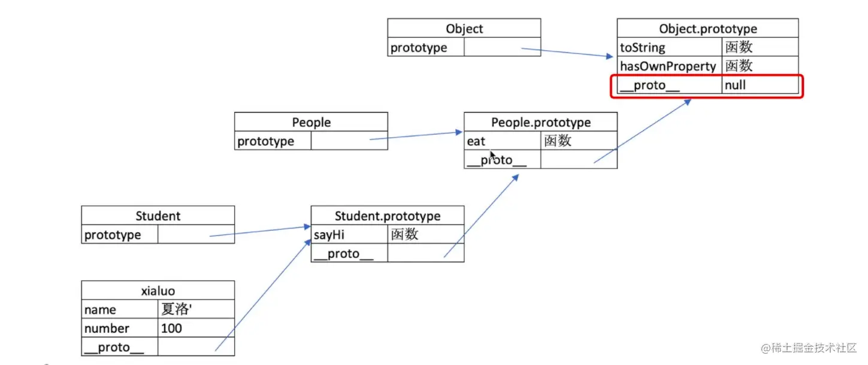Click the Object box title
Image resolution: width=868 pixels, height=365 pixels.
click(x=464, y=29)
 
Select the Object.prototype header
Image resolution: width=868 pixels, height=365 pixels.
click(x=707, y=29)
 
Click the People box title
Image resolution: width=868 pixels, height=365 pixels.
click(x=311, y=122)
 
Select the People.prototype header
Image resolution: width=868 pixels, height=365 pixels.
click(x=540, y=122)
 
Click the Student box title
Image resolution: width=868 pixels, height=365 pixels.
click(x=158, y=216)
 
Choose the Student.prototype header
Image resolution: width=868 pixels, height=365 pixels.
click(x=387, y=216)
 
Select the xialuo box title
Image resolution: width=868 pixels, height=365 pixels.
click(x=158, y=291)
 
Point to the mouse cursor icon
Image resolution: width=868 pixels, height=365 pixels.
click(x=492, y=155)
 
